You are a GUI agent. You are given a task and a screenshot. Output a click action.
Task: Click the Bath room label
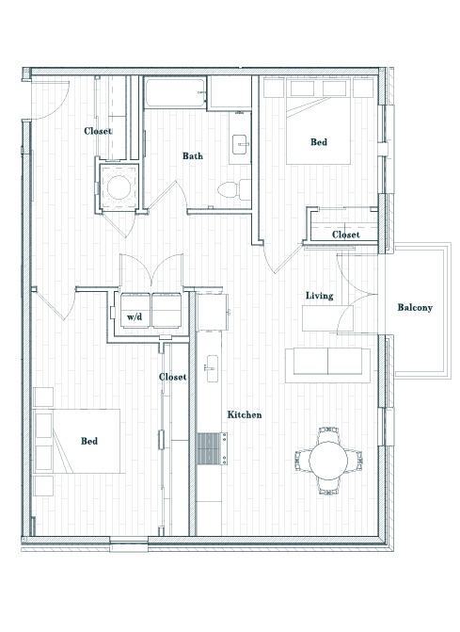193,156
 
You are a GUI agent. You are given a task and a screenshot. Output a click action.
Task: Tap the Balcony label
414,307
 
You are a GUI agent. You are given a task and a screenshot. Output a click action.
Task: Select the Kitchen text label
243,414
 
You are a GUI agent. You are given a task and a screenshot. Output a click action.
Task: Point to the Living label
319,296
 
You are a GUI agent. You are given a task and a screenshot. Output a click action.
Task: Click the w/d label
135,317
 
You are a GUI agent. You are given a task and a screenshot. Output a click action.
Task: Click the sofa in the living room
326,362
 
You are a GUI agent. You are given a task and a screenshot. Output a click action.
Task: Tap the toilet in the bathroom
230,189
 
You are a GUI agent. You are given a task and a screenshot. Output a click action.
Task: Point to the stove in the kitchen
210,448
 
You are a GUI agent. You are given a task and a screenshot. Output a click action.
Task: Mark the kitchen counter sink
212,364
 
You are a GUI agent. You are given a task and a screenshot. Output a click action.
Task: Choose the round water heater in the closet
119,186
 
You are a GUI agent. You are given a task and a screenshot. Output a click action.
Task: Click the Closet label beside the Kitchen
172,377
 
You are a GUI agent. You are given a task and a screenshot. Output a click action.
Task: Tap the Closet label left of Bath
98,131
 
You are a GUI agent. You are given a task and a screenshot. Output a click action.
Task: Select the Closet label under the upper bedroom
345,235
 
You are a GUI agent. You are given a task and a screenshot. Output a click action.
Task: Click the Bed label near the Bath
319,142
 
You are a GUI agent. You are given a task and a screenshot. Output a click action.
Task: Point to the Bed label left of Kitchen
88,441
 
